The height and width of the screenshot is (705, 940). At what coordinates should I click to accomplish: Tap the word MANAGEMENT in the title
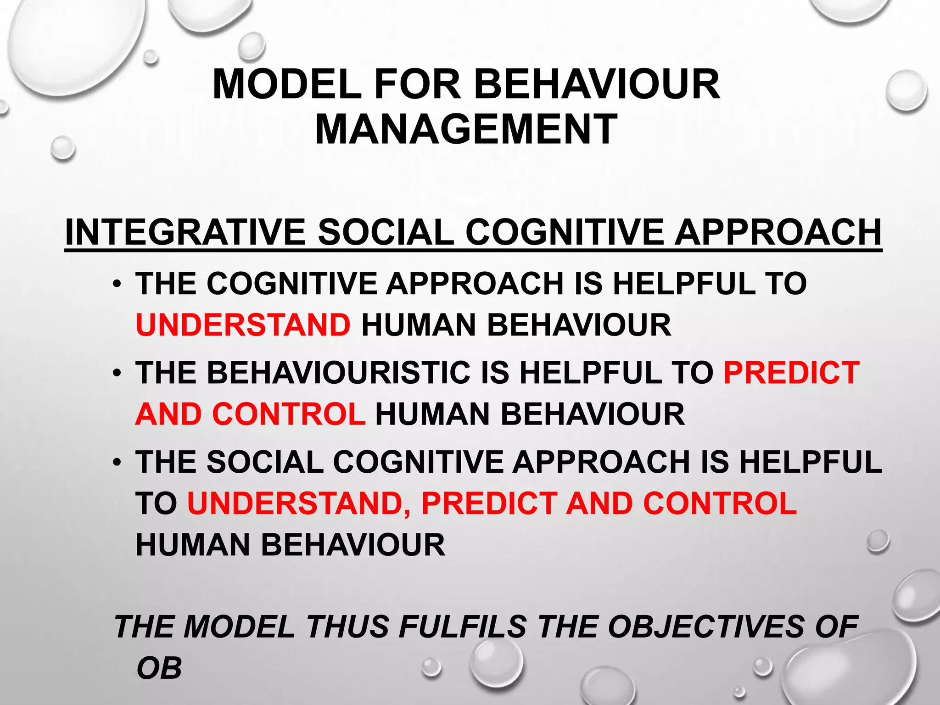tap(466, 129)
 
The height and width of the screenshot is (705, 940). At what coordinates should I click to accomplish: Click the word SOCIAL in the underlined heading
tap(386, 232)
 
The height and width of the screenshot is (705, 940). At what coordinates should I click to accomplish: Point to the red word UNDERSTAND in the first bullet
tap(243, 325)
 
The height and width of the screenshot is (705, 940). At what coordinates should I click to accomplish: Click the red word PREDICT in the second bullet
tap(791, 372)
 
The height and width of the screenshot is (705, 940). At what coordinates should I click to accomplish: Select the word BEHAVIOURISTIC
tap(339, 372)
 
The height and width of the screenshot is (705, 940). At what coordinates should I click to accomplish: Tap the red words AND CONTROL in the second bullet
tap(251, 414)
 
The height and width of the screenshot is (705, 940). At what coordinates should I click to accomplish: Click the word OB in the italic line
tap(159, 668)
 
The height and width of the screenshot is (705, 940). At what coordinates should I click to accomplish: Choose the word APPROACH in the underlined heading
tap(778, 232)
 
